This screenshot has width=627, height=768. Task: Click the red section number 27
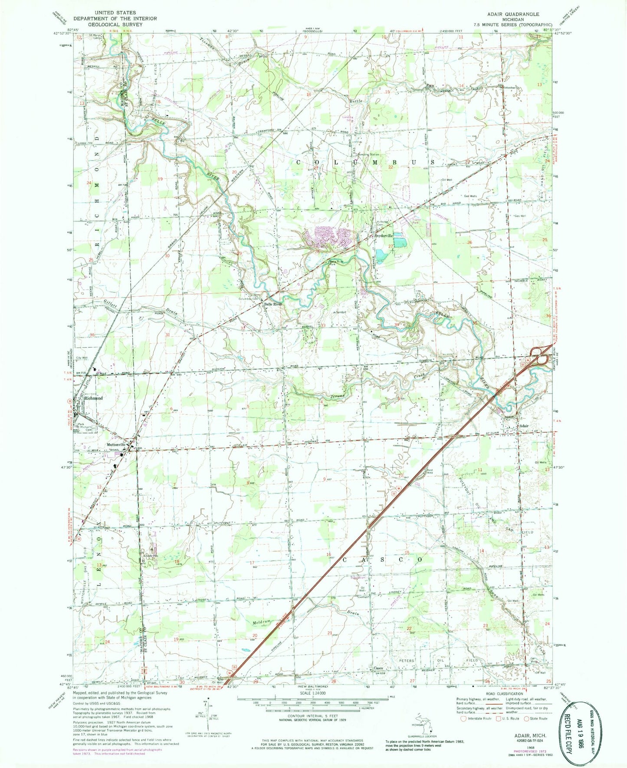point(391,246)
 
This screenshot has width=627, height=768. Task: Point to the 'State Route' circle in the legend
point(528,718)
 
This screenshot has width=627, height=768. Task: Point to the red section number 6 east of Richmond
point(172,409)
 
